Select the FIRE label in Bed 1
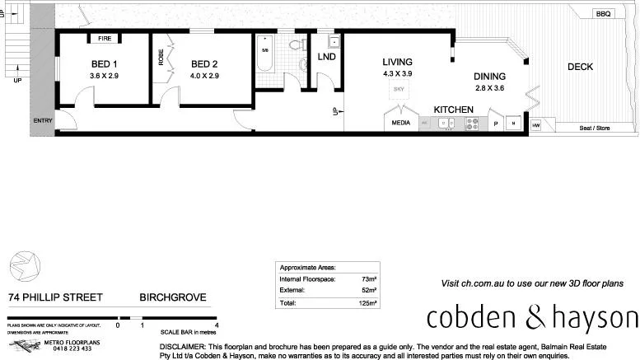point(105,39)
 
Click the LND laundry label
point(327,58)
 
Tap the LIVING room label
point(397,62)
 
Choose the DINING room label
point(489,77)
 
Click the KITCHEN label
point(453,109)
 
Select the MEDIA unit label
point(401,124)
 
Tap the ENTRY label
point(42,121)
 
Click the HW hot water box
point(535,125)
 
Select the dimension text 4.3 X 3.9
point(397,74)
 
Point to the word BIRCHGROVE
point(172,297)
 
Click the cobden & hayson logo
point(531,319)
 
